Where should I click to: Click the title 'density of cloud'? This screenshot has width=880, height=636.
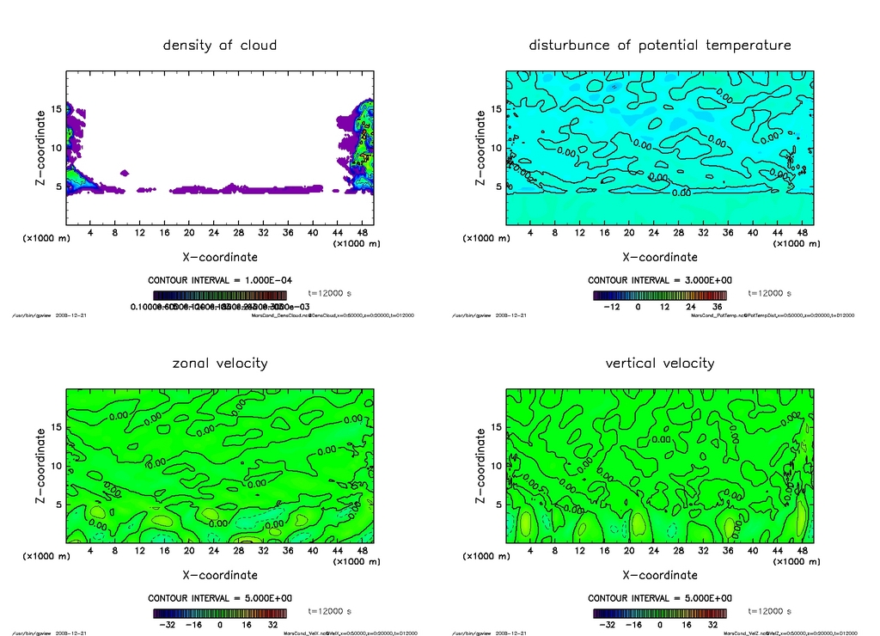coord(220,45)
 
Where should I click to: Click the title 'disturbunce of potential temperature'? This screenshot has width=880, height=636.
coord(660,45)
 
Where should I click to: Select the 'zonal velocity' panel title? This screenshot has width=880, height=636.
coord(220,363)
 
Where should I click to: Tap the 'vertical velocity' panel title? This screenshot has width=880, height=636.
coord(660,363)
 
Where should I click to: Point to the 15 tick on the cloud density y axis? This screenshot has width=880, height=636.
coord(57,109)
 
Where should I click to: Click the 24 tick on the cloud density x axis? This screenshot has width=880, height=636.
coord(214,233)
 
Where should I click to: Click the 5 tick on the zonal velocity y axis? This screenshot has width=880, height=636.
coord(59,505)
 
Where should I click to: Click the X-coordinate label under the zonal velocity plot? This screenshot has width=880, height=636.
coord(220,575)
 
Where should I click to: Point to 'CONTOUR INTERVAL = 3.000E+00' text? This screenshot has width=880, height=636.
coord(660,280)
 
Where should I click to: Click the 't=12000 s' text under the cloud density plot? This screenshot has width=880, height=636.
coord(330,293)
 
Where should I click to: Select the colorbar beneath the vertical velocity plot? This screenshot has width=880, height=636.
coord(660,614)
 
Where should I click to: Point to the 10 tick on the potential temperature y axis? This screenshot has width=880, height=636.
coord(495,148)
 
